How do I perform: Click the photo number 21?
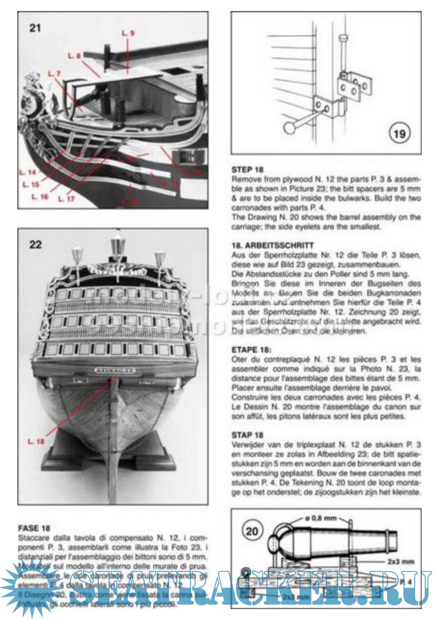[x=35, y=28]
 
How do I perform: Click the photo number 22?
[x=35, y=244]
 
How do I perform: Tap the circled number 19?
[x=399, y=133]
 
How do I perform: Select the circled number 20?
[x=252, y=531]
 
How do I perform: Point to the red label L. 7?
[x=54, y=74]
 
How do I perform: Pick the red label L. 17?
[x=66, y=198]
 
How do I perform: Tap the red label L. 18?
[x=37, y=441]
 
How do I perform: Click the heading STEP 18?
[x=248, y=170]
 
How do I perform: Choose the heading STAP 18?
[x=248, y=435]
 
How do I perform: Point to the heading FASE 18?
[x=34, y=528]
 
